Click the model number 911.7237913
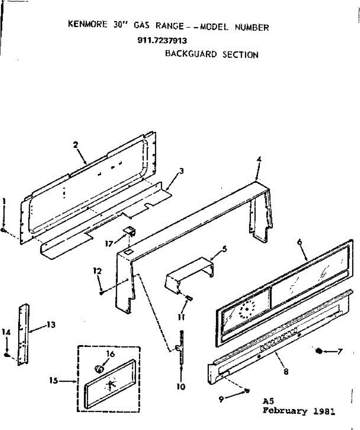[x=162, y=40]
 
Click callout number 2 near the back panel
[x=76, y=145]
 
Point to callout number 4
[x=258, y=160]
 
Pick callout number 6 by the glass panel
[x=299, y=242]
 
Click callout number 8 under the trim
[x=285, y=372]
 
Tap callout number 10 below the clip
[x=181, y=387]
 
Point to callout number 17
[x=108, y=244]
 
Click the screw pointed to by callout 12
[x=102, y=293]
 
